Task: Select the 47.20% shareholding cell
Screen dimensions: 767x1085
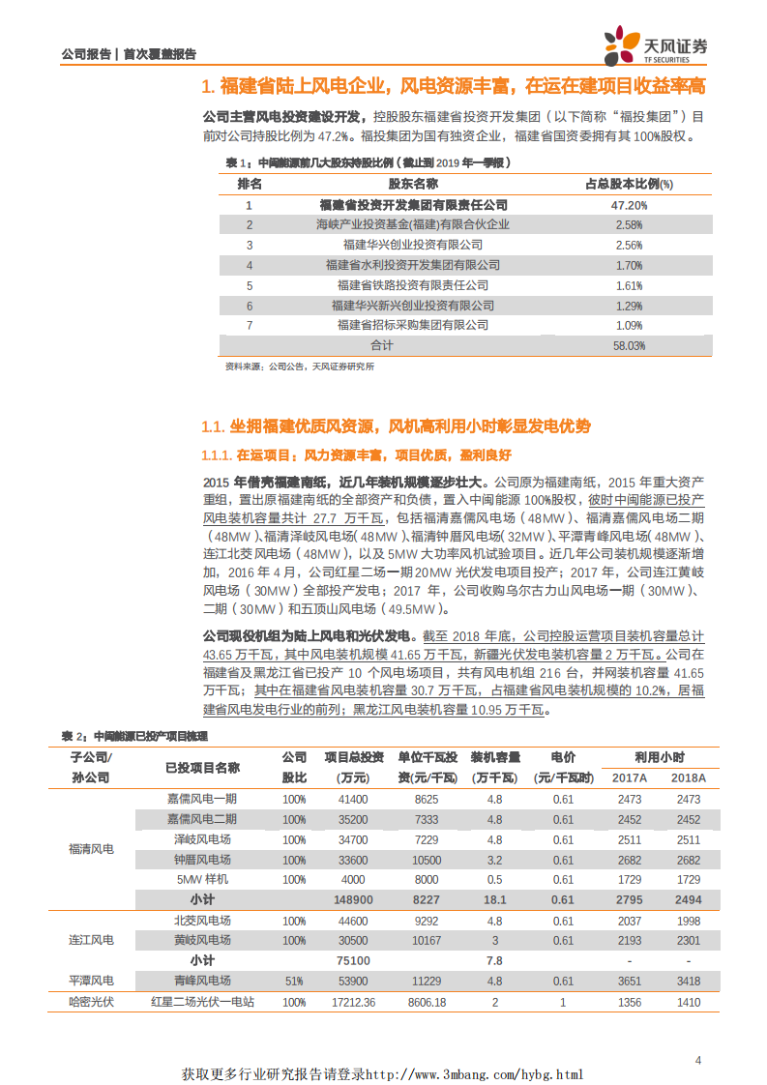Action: pos(629,205)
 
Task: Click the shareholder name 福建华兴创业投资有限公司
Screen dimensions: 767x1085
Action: pos(413,245)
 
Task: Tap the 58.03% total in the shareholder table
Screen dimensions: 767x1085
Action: pos(629,345)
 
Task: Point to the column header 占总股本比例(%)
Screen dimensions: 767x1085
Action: pos(629,184)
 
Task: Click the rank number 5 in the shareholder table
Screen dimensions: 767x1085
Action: pos(250,285)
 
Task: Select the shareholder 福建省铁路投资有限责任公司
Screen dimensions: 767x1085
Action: pos(413,285)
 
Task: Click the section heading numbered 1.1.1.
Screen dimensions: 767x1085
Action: pos(356,455)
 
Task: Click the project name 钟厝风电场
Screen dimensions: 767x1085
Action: pos(202,860)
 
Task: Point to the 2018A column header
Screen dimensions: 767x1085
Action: pos(688,778)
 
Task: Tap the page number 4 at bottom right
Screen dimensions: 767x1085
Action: pos(699,1061)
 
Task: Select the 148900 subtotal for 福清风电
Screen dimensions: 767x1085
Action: pos(353,899)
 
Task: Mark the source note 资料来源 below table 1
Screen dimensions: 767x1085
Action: pos(299,367)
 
